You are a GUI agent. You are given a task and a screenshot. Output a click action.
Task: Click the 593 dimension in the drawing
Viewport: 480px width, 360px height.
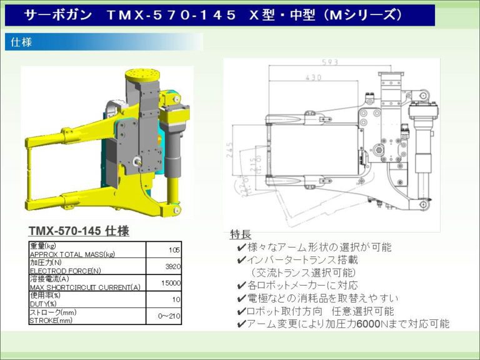pos(331,62)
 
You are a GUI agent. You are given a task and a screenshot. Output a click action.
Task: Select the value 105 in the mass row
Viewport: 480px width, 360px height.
pos(174,249)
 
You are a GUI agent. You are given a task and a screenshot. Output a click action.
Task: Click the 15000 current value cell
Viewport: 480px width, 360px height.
pos(170,282)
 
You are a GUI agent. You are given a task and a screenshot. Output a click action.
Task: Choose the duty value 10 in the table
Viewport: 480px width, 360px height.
pos(176,299)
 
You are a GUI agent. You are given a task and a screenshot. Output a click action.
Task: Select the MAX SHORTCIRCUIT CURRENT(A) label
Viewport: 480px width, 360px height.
pos(85,287)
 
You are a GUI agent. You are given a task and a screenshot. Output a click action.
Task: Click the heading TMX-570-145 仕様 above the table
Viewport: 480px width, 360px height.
pos(79,231)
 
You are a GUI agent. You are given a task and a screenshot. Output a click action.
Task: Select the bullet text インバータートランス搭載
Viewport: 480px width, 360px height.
pos(301,260)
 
